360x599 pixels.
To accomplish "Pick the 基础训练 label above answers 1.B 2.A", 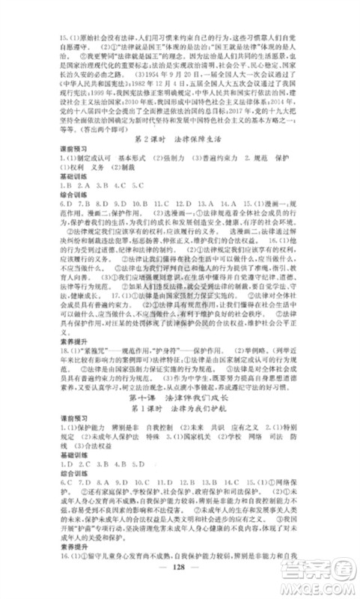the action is point(64,192).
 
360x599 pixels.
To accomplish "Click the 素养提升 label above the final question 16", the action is point(64,556).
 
